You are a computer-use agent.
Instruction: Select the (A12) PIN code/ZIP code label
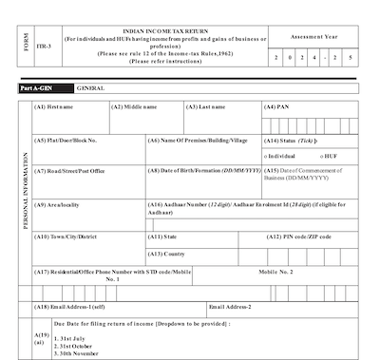pos(301,236)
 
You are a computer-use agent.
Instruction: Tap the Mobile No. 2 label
pos(278,272)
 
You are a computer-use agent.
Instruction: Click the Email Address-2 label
pos(230,306)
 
